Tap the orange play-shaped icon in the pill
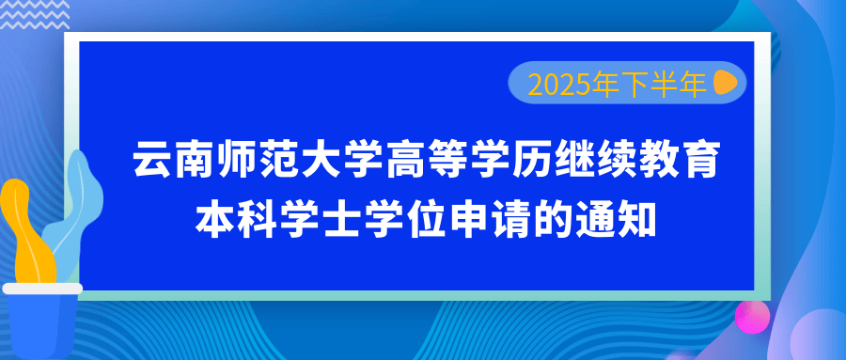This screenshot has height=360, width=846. click(x=725, y=82)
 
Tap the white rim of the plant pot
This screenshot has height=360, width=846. click(x=42, y=289)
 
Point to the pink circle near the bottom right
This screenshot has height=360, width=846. click(x=752, y=316)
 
